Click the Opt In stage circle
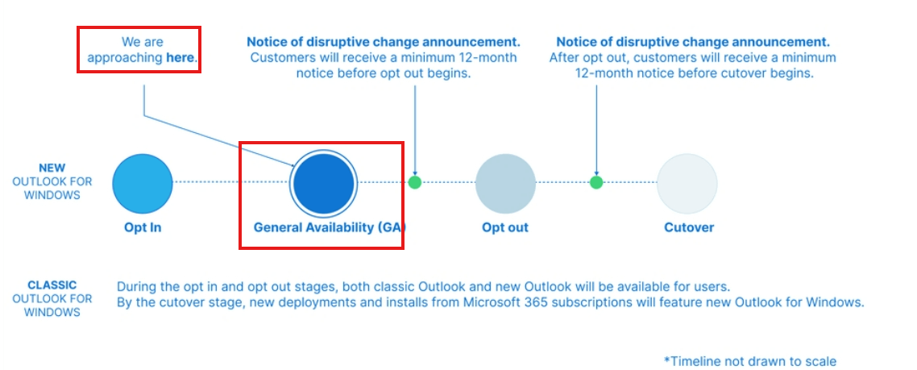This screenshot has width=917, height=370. (x=143, y=183)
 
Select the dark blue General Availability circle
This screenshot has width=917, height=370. (x=323, y=183)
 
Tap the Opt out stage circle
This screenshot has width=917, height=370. (x=505, y=183)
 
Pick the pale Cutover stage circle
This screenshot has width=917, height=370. (x=687, y=183)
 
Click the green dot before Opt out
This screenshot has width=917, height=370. (x=415, y=182)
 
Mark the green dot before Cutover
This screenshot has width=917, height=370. (x=596, y=182)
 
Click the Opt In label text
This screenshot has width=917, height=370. (x=143, y=227)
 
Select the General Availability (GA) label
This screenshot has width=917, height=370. (x=329, y=227)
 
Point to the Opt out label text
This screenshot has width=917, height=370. (x=505, y=227)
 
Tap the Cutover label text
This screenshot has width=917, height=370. (x=689, y=227)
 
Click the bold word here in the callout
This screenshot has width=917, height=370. (x=180, y=58)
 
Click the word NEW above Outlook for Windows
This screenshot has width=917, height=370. (x=52, y=168)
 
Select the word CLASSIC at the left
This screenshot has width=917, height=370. (x=52, y=285)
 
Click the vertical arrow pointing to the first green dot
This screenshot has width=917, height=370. (x=415, y=129)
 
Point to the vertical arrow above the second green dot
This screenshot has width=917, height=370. (x=596, y=129)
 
